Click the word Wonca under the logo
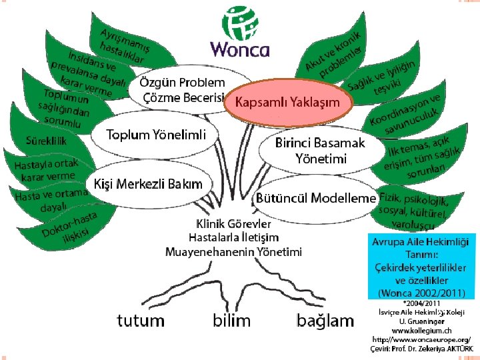[x=239, y=49]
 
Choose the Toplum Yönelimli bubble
[x=156, y=135]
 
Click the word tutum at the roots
[x=141, y=321]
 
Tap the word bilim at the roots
[x=231, y=320]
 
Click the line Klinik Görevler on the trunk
[x=233, y=223]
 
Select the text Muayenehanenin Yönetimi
[x=233, y=251]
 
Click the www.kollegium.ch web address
[x=421, y=330]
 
